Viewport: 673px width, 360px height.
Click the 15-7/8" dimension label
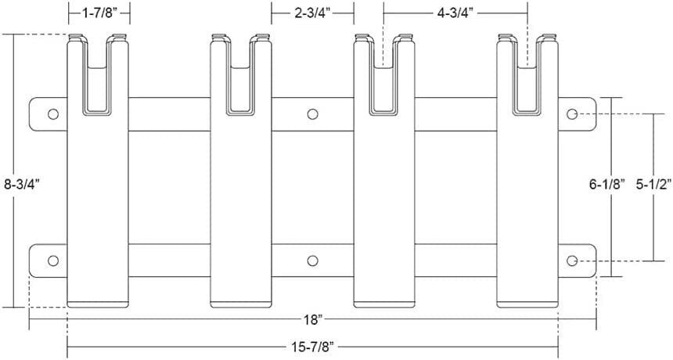click(x=313, y=346)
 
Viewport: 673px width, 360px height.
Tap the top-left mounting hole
click(x=53, y=114)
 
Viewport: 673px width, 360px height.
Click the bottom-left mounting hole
click(x=53, y=261)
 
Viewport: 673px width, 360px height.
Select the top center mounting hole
click(x=313, y=114)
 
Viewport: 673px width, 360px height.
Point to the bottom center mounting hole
click(x=313, y=261)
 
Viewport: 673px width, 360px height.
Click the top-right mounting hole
click(x=572, y=114)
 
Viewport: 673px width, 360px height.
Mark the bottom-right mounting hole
click(x=572, y=261)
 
